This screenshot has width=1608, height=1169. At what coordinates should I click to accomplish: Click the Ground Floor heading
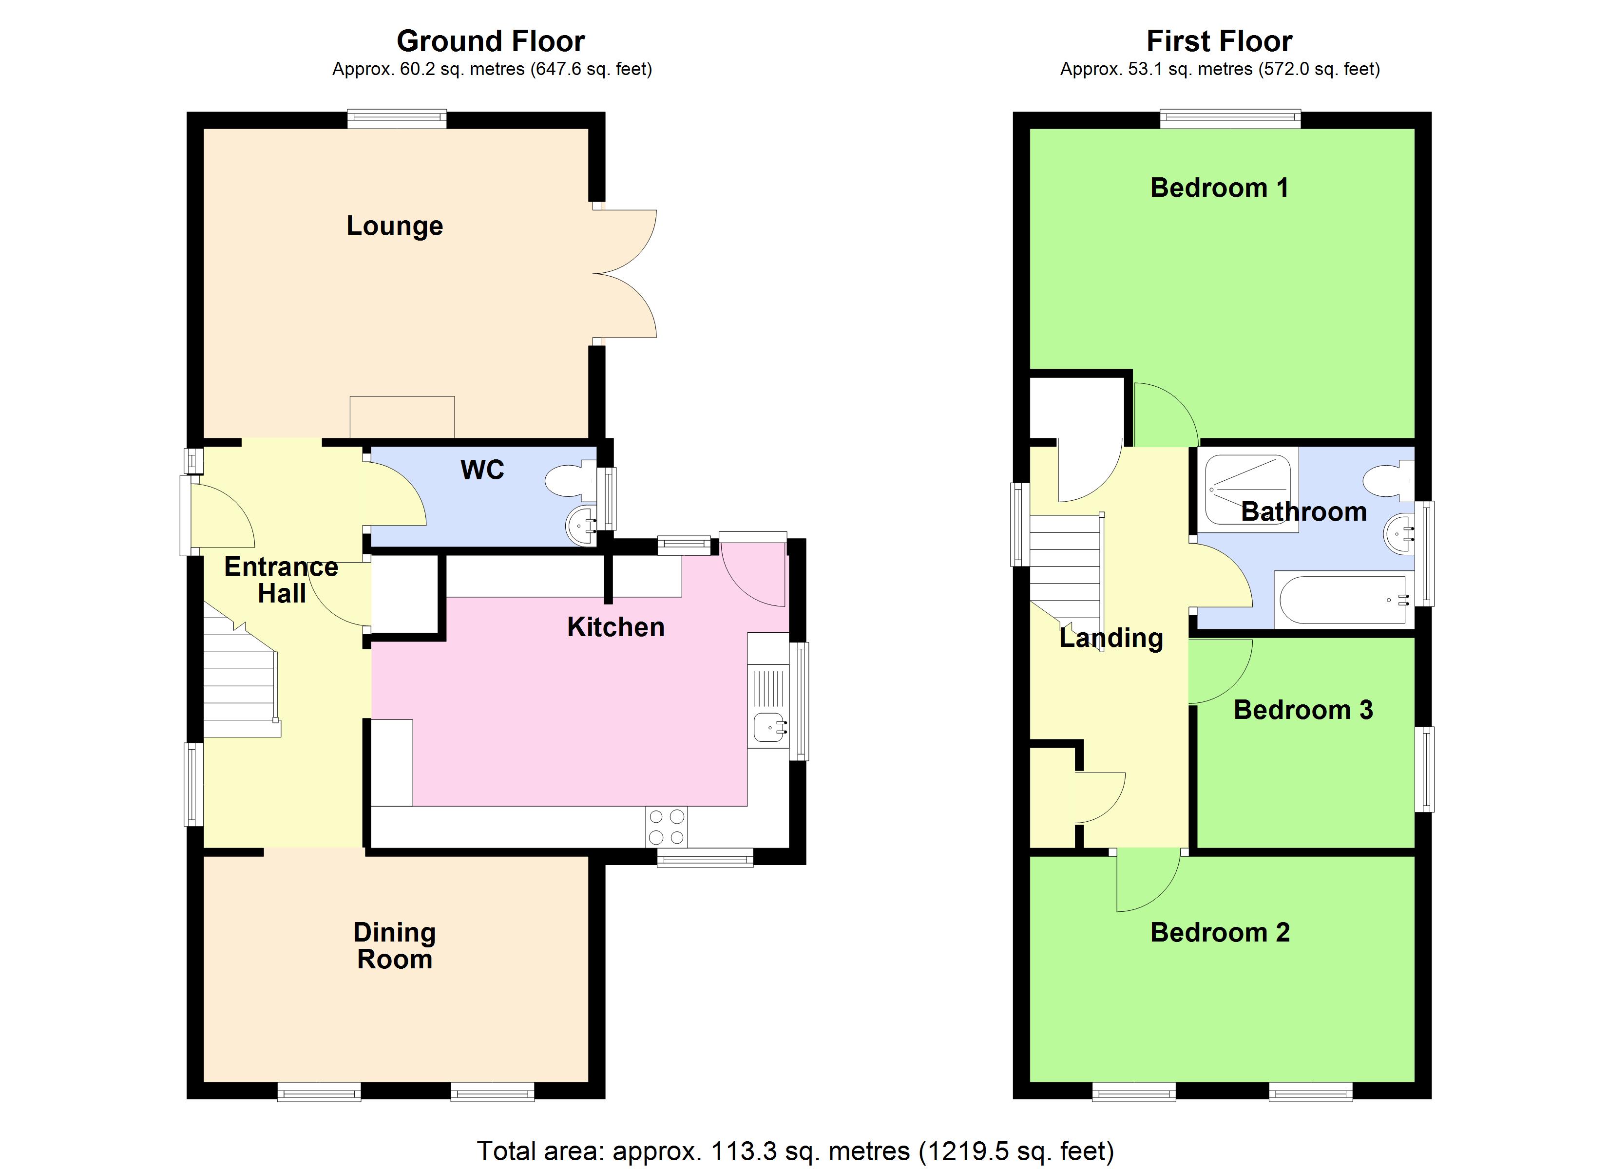coord(491,41)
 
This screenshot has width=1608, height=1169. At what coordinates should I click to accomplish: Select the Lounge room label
coord(394,226)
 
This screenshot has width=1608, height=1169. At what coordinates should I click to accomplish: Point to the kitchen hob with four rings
coord(666,827)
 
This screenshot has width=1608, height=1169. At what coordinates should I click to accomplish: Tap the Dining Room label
coord(394,946)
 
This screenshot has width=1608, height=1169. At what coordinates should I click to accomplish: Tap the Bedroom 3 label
coord(1303,710)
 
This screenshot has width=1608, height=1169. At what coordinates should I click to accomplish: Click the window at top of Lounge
coord(397,119)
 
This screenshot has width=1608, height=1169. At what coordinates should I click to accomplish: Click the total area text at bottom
coord(795,1150)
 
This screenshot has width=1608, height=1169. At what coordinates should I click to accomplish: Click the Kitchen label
coord(615,627)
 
